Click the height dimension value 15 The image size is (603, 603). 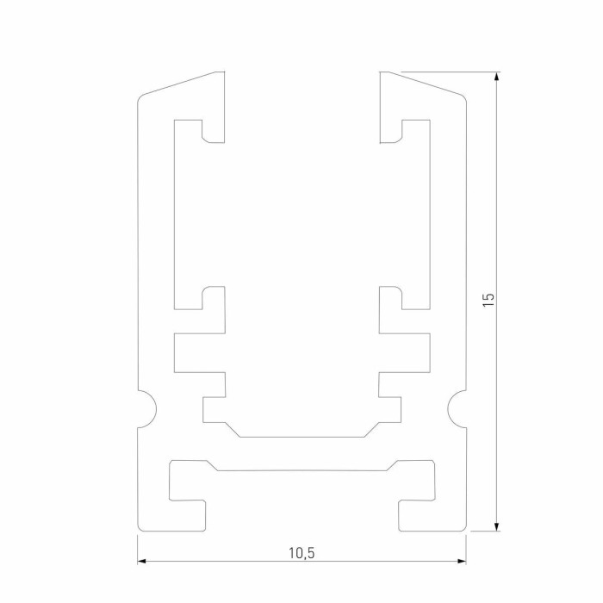pyautogui.click(x=488, y=300)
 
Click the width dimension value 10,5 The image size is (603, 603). pyautogui.click(x=301, y=553)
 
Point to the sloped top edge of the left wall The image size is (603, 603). pyautogui.click(x=181, y=84)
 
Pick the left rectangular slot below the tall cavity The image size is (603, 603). pyautogui.click(x=198, y=352)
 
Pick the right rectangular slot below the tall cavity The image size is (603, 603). pyautogui.click(x=405, y=352)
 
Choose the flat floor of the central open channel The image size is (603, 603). pyautogui.click(x=301, y=435)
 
